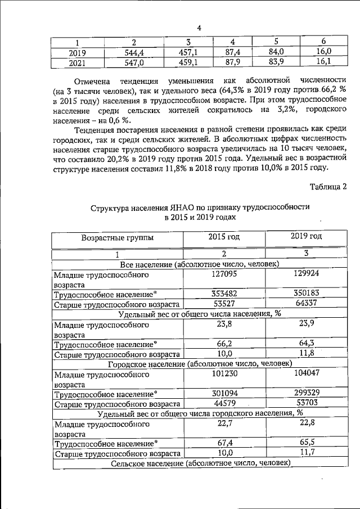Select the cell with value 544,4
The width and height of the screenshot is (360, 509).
click(134, 53)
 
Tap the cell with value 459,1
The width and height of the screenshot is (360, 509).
click(186, 62)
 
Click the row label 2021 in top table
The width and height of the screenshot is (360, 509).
click(77, 63)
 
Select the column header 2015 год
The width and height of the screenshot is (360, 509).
click(224, 237)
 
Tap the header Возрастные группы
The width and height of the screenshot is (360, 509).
click(117, 238)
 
